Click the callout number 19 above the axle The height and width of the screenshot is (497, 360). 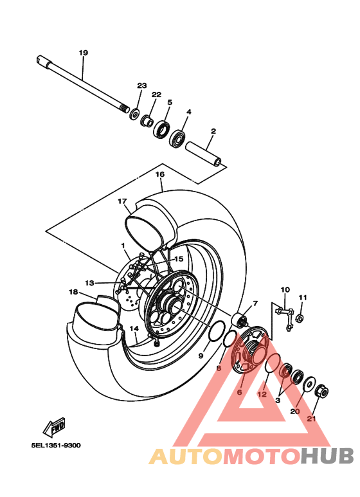[83, 52]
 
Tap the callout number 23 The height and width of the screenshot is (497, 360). [141, 86]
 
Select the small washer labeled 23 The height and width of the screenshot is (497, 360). [135, 114]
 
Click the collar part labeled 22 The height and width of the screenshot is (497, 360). [147, 120]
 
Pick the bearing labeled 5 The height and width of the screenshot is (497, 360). [162, 130]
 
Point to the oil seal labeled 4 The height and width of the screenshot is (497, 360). [177, 138]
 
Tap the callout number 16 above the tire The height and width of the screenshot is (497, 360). [160, 174]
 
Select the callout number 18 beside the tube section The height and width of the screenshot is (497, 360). [73, 291]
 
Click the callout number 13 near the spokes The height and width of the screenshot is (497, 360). [89, 282]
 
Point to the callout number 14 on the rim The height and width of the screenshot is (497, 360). [134, 329]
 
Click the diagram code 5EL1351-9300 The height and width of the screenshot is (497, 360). [55, 444]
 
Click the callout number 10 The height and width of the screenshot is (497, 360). [285, 289]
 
